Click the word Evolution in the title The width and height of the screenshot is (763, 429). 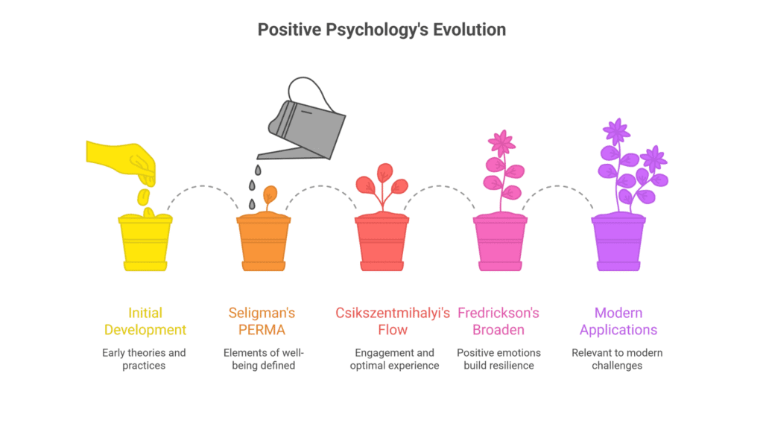(468, 31)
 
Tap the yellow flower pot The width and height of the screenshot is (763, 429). (145, 244)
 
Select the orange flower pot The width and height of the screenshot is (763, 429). (264, 244)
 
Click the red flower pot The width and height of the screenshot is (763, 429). (381, 244)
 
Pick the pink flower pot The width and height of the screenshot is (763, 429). (500, 244)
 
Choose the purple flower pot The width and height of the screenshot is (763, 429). (618, 244)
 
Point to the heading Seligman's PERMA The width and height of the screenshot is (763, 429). (263, 321)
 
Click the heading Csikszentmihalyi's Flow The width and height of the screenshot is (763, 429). (381, 321)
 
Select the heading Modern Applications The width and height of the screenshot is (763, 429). (618, 321)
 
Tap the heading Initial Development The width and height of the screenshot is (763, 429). (145, 321)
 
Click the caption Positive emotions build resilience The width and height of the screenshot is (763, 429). (499, 359)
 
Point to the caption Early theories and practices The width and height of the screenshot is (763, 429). (145, 359)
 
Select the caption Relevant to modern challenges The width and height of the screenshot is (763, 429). (618, 359)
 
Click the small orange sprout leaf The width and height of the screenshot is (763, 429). (270, 195)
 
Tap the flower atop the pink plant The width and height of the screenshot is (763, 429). (501, 142)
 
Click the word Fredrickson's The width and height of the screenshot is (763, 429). (499, 313)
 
